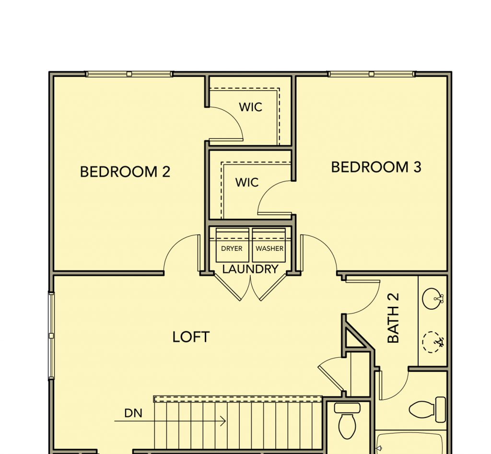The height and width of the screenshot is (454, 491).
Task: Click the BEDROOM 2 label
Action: click(125, 172)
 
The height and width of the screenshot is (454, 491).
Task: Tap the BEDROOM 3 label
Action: click(376, 167)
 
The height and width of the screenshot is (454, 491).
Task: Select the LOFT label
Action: click(191, 337)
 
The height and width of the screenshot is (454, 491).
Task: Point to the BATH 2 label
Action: click(393, 318)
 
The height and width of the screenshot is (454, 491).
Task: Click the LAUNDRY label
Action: click(250, 269)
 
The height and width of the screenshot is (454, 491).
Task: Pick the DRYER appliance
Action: click(232, 245)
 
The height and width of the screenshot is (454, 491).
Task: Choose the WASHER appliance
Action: click(269, 245)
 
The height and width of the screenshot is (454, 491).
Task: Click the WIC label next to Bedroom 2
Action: click(250, 107)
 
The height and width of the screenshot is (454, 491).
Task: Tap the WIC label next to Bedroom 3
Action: click(247, 182)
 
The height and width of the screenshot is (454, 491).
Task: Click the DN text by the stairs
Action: click(133, 413)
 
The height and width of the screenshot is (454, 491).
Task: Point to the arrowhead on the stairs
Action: click(223, 421)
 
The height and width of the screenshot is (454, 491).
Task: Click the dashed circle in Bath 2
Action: click(433, 342)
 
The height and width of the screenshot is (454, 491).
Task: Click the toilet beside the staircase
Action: click(347, 421)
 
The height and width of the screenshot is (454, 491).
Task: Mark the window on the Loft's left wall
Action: click(51, 336)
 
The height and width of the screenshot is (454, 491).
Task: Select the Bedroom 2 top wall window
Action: click(129, 74)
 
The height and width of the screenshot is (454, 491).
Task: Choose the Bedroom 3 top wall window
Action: click(372, 74)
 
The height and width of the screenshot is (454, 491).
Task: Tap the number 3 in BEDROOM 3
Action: click(417, 167)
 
